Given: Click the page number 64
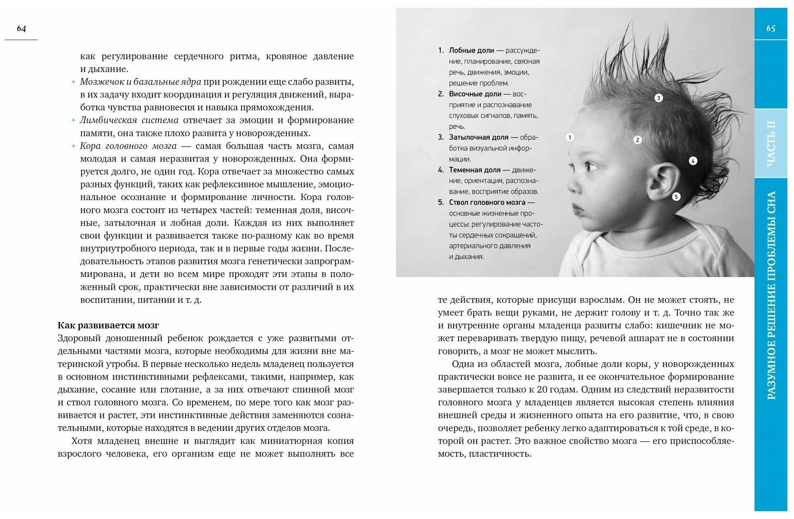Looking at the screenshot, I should [x=21, y=28].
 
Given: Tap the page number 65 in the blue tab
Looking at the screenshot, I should [x=771, y=28].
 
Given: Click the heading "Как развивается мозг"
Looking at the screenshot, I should [x=108, y=325].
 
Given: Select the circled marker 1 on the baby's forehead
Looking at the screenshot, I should [x=570, y=137].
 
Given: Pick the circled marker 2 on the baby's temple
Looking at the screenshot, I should [x=637, y=140].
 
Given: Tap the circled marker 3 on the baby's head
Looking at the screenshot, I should [x=659, y=98].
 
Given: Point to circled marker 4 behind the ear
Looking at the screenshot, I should [x=693, y=161].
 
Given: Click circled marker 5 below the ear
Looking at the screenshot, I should [x=676, y=197].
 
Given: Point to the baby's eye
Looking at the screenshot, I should [x=590, y=167].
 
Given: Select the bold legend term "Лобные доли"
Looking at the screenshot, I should [x=471, y=51].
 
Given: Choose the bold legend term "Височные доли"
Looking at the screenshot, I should [x=475, y=94].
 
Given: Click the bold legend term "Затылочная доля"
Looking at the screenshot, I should [x=478, y=137].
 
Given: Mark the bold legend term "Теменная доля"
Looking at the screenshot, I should [x=474, y=170].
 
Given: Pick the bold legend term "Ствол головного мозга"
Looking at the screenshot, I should [x=487, y=203].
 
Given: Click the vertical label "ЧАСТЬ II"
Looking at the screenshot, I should [x=771, y=143].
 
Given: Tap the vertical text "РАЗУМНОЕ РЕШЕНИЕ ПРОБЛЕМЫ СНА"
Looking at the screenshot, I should [x=771, y=295].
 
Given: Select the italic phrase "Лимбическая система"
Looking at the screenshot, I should [x=129, y=120].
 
